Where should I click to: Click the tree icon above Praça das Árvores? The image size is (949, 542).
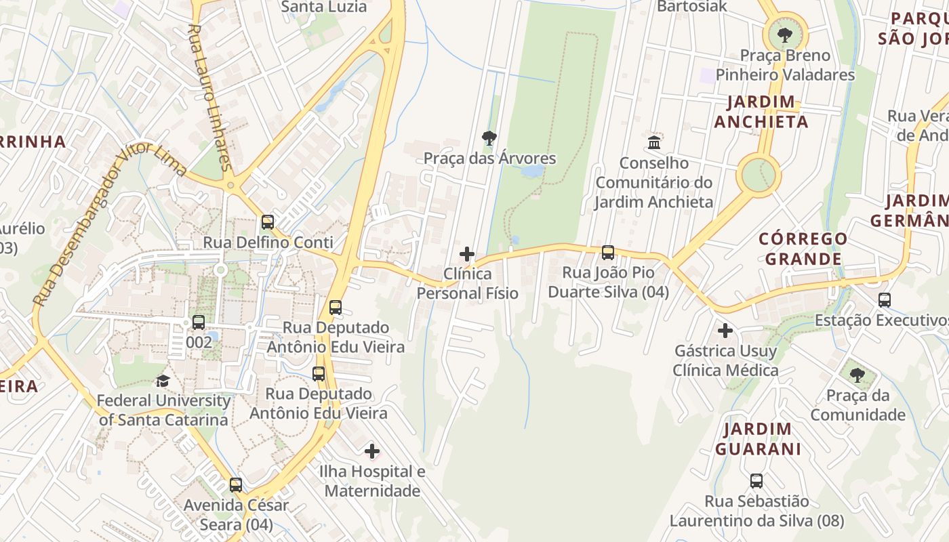(489, 138)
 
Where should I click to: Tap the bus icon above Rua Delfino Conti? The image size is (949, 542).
(268, 222)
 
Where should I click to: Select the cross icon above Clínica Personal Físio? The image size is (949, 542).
(466, 254)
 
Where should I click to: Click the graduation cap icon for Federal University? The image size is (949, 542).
(162, 381)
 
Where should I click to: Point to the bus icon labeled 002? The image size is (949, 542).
(198, 322)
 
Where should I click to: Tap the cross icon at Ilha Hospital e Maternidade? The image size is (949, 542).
(371, 451)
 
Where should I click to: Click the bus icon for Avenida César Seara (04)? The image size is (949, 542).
(235, 485)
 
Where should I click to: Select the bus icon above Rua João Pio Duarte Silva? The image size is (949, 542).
(608, 253)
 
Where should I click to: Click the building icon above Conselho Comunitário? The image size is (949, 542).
(654, 142)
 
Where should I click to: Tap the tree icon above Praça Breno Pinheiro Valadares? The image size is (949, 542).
(785, 34)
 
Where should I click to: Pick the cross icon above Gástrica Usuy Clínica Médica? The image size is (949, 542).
(725, 331)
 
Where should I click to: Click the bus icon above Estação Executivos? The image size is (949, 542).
(884, 299)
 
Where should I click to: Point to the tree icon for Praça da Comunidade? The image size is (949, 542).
(857, 375)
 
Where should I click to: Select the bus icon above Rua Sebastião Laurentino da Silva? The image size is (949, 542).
(756, 481)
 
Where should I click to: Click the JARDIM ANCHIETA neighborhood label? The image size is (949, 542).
(761, 112)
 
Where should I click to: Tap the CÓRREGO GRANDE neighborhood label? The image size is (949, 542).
(803, 249)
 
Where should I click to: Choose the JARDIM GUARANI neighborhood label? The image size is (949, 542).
(757, 438)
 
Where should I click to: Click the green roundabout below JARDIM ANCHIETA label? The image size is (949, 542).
(758, 175)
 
